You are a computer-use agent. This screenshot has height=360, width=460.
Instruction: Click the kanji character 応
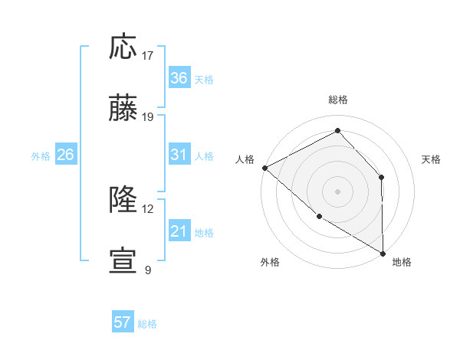point(124,47)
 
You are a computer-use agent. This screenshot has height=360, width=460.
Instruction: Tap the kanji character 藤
point(124,110)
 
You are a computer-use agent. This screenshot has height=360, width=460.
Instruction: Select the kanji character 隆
point(124,201)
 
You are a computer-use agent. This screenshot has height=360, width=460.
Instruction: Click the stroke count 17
point(148,56)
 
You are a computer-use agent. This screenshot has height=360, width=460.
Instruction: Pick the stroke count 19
point(148,117)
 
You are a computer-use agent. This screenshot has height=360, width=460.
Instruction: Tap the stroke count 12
point(147,208)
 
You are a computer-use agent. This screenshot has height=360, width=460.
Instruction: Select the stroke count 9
point(147,270)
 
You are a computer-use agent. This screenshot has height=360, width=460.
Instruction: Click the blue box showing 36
point(179,78)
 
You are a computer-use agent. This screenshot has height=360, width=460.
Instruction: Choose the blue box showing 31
point(179,155)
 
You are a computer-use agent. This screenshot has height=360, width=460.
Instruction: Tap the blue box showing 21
point(179,231)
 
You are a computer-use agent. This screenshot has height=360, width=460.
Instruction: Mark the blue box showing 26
point(65,155)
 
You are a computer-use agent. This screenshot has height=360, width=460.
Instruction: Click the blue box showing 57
point(123,322)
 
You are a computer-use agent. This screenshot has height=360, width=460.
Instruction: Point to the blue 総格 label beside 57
point(147,324)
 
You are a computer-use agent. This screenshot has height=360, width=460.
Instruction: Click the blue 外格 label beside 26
point(41,156)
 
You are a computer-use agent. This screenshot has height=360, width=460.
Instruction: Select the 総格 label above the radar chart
point(338,100)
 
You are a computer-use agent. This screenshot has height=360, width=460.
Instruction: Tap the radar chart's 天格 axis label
point(432,159)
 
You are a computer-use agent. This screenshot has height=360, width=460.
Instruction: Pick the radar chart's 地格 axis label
point(402,262)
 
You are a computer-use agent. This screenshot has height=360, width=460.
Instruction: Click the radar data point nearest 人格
point(264,168)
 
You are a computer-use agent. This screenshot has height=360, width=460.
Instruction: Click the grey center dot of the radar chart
point(337,191)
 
